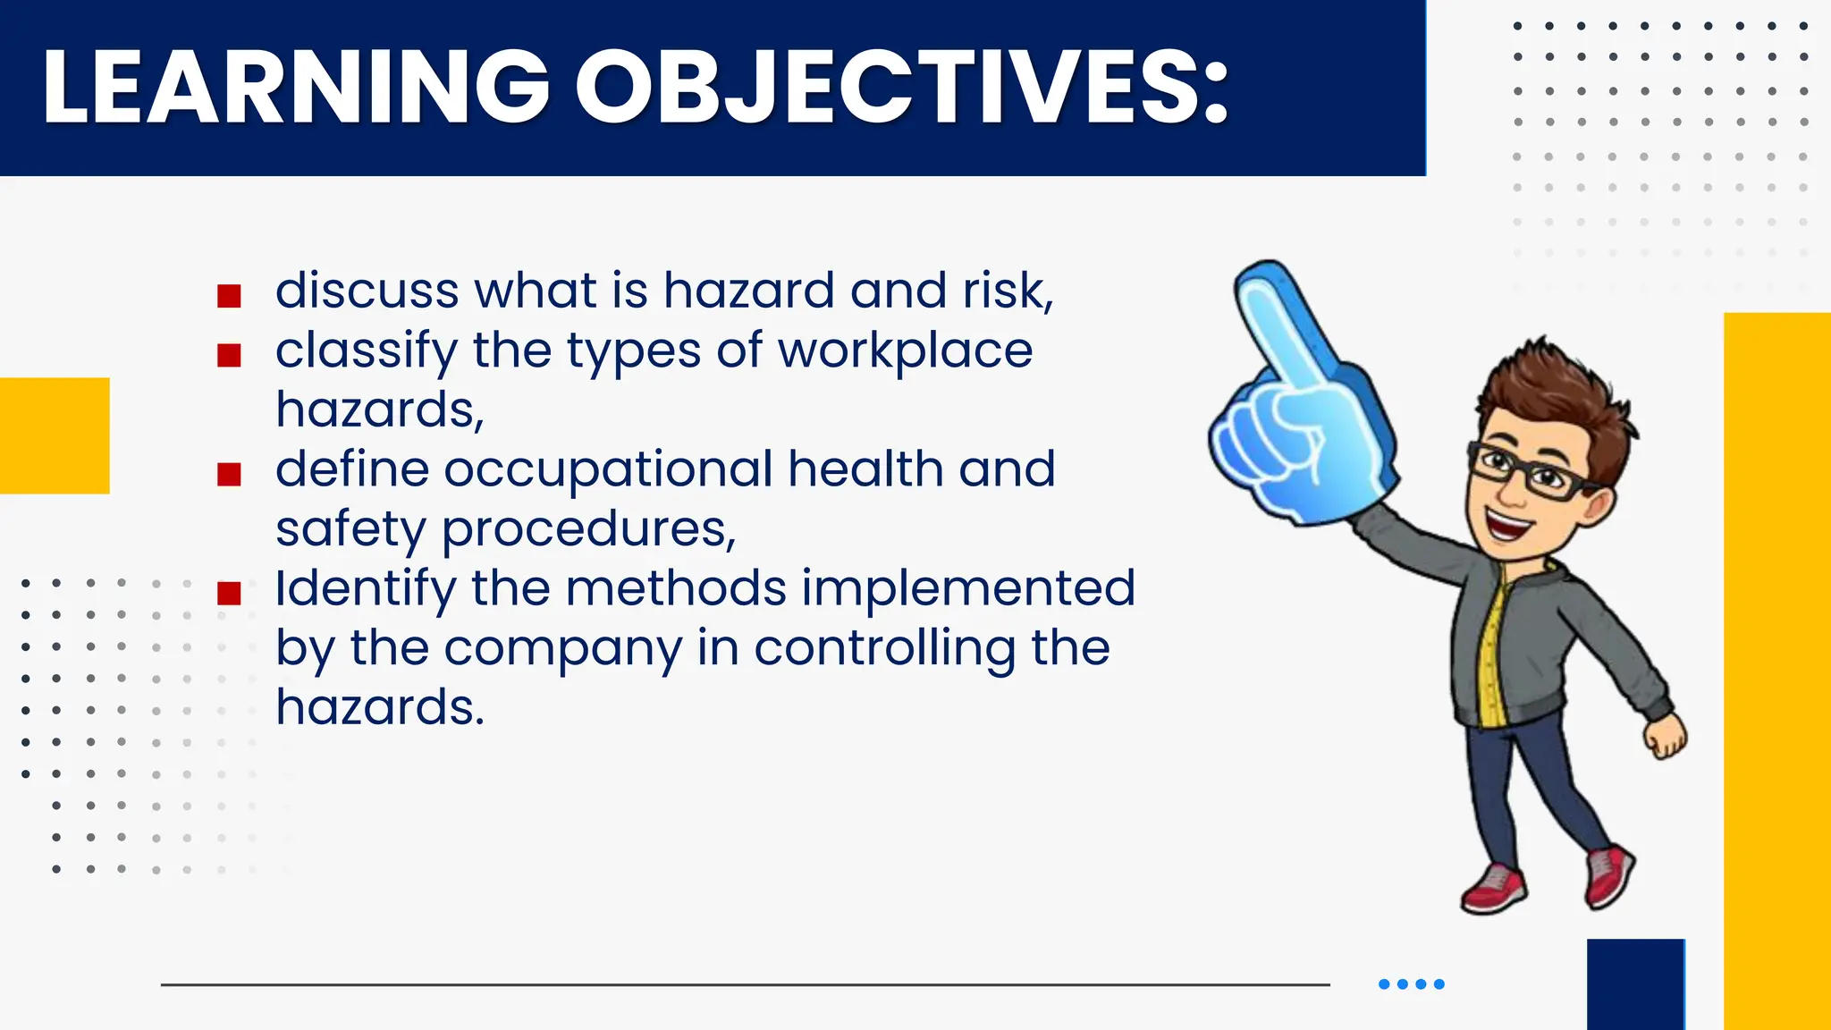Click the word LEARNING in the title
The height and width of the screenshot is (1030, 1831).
295,87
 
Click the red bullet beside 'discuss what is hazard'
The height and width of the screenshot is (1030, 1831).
229,296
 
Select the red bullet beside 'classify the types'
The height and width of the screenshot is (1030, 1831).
229,356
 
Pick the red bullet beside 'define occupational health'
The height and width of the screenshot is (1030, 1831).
229,474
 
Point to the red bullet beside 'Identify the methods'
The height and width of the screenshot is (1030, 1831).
229,593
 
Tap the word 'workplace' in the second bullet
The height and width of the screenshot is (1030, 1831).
905,350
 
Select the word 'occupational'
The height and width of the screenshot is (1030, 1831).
608,469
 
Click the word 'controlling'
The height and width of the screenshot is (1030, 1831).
884,649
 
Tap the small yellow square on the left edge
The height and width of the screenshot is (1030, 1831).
55,435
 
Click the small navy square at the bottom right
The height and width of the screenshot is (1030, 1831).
1635,984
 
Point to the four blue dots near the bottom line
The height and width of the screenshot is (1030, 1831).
1411,984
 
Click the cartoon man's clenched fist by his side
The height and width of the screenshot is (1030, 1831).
1666,739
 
